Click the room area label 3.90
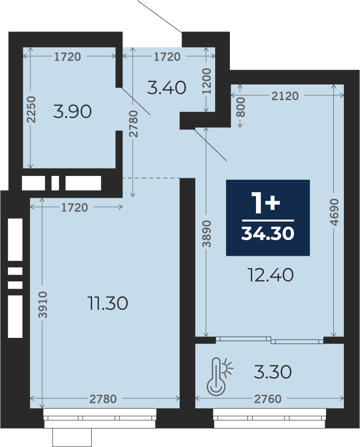[x=73, y=112]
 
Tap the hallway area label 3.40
[x=167, y=87]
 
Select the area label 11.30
[x=108, y=303]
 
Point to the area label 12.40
[x=271, y=275]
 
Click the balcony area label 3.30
[x=273, y=372]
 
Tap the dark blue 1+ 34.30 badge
[x=268, y=218]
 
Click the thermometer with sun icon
[x=219, y=377]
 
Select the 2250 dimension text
[x=31, y=110]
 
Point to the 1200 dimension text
[x=206, y=81]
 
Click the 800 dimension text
[x=241, y=107]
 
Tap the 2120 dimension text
[x=285, y=96]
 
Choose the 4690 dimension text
[x=335, y=212]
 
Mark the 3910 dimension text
[x=42, y=305]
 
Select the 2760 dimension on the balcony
[x=268, y=399]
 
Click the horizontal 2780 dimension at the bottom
[x=103, y=399]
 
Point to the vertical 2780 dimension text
[x=133, y=124]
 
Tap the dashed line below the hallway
[x=151, y=178]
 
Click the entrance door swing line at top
[x=160, y=16]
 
